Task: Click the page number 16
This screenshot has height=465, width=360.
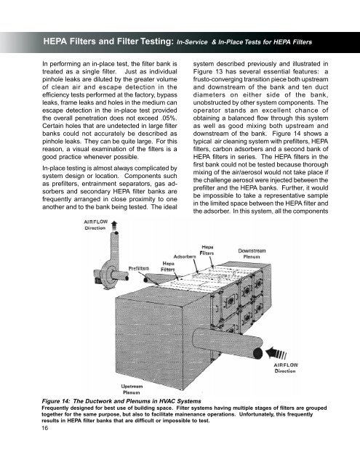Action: click(x=45, y=428)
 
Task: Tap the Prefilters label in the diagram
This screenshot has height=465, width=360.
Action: click(x=139, y=268)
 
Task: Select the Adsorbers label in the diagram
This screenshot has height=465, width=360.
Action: click(x=185, y=256)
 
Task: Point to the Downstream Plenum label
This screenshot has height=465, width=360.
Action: click(x=252, y=254)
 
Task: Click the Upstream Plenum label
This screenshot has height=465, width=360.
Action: click(x=132, y=389)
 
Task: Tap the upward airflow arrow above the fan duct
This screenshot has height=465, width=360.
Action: click(x=114, y=226)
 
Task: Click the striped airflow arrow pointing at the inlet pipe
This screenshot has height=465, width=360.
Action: click(x=276, y=353)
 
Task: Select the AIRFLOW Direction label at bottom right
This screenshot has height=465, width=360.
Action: click(x=286, y=368)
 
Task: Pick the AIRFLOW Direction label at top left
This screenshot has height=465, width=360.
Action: click(x=95, y=225)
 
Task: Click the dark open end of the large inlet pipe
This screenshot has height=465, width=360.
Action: click(x=257, y=353)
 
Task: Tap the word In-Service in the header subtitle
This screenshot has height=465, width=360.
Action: click(x=192, y=42)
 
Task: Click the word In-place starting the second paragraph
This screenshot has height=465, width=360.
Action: click(x=53, y=169)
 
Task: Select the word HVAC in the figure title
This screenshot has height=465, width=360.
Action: click(x=168, y=401)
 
